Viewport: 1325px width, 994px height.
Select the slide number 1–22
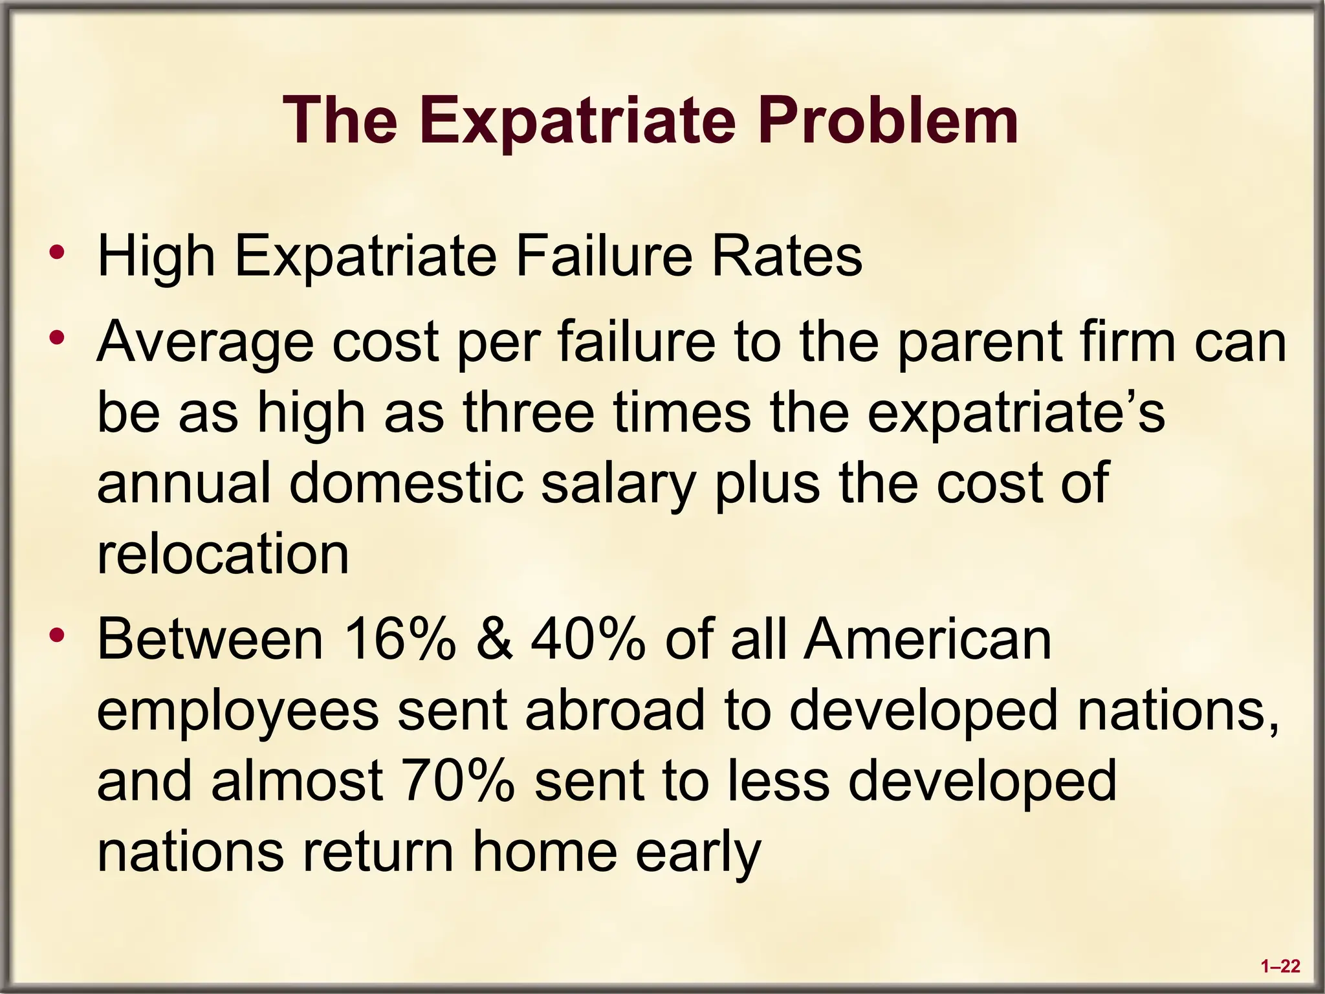(1280, 967)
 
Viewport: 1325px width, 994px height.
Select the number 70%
(457, 780)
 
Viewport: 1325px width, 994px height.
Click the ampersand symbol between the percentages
(494, 639)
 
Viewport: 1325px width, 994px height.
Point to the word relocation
(223, 555)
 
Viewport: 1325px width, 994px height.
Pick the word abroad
(615, 710)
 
